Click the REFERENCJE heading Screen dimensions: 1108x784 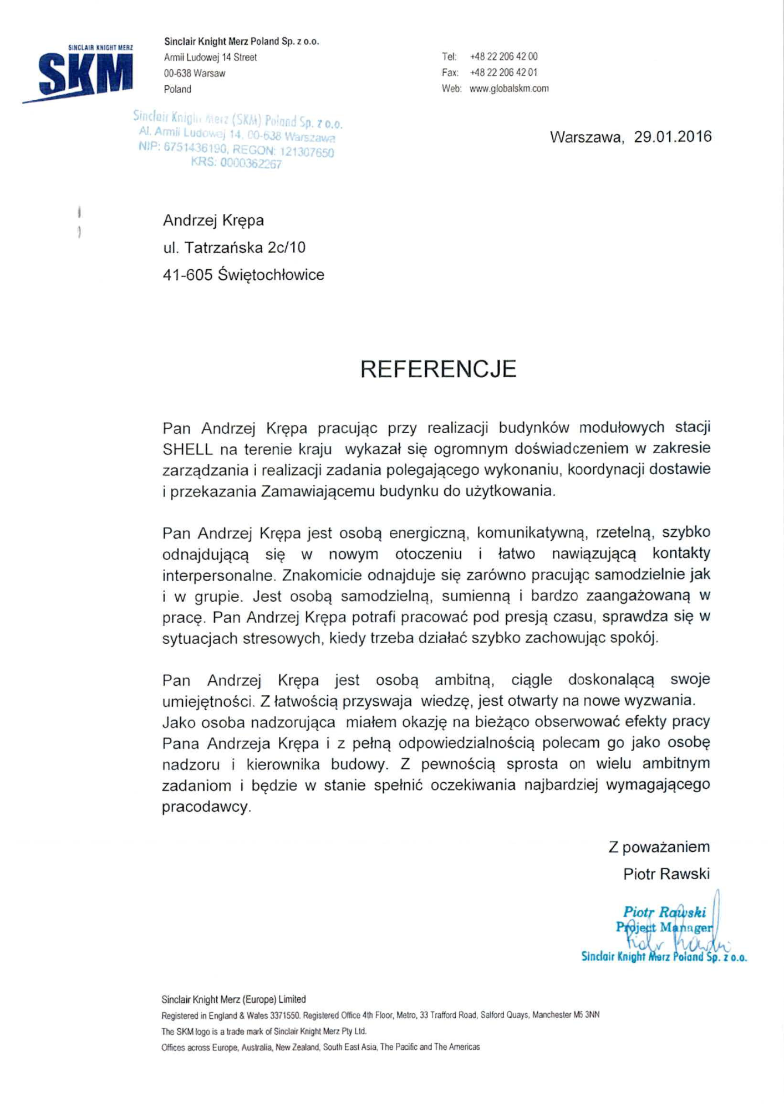pyautogui.click(x=438, y=369)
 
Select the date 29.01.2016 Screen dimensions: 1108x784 pyautogui.click(x=673, y=137)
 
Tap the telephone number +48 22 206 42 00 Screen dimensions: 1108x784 pyautogui.click(x=503, y=57)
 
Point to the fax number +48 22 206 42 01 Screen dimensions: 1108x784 pyautogui.click(x=503, y=73)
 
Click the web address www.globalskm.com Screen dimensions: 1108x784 pyautogui.click(x=509, y=89)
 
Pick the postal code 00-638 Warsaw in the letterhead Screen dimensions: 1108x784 pyautogui.click(x=194, y=73)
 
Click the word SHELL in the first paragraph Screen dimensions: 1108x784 pyautogui.click(x=187, y=449)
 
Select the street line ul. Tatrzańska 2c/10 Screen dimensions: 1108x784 pyautogui.click(x=234, y=248)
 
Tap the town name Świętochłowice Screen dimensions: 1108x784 pyautogui.click(x=271, y=275)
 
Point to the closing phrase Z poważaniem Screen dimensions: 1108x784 pyautogui.click(x=659, y=847)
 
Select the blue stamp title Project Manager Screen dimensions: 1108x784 pyautogui.click(x=664, y=927)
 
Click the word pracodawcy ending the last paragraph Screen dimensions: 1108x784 pyautogui.click(x=206, y=807)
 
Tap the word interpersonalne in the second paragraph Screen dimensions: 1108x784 pyautogui.click(x=218, y=575)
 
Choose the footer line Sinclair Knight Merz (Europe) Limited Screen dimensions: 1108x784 pyautogui.click(x=233, y=999)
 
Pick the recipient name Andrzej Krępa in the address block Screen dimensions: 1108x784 pyautogui.click(x=213, y=220)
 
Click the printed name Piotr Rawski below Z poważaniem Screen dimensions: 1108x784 pyautogui.click(x=666, y=874)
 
